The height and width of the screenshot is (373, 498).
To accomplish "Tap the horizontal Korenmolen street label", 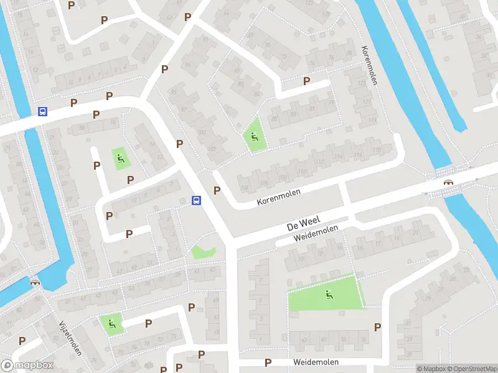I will click(279, 197).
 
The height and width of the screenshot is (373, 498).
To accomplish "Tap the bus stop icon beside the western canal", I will click(43, 112).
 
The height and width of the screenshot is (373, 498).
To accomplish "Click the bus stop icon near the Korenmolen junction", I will click(196, 200).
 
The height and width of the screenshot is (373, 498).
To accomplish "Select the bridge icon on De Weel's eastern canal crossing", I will click(447, 182).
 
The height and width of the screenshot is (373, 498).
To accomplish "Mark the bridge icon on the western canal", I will click(34, 281).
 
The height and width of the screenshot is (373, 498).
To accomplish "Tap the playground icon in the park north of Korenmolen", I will click(253, 137).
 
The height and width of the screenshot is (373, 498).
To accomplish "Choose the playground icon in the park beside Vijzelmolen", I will click(111, 323).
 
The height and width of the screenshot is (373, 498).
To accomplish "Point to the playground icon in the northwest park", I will click(120, 158).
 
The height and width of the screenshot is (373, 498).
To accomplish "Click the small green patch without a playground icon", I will click(202, 252).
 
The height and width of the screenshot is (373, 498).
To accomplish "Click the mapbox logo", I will click(27, 366).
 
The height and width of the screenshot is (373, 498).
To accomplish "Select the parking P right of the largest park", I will click(377, 327).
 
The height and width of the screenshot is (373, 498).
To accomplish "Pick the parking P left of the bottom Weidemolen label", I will click(268, 362).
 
